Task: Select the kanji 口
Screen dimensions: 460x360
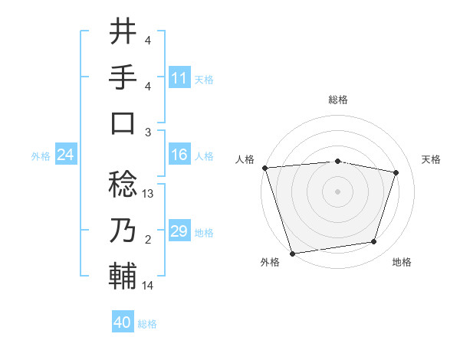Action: pyautogui.click(x=123, y=123)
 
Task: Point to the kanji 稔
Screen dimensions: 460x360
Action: pyautogui.click(x=123, y=185)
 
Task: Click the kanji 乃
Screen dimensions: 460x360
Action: pyautogui.click(x=123, y=230)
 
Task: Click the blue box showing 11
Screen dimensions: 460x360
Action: pyautogui.click(x=179, y=78)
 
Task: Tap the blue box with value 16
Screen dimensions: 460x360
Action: pyautogui.click(x=179, y=155)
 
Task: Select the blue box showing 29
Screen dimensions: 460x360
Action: pyautogui.click(x=179, y=231)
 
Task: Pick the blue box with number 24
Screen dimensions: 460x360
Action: pyautogui.click(x=65, y=155)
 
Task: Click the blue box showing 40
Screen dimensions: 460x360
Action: pyautogui.click(x=123, y=322)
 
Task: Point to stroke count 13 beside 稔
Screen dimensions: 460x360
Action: pyautogui.click(x=149, y=194)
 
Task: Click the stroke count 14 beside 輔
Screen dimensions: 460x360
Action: pyautogui.click(x=148, y=286)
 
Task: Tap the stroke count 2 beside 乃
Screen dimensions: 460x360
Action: pyautogui.click(x=148, y=240)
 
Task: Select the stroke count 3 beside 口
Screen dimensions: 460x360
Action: pyautogui.click(x=148, y=133)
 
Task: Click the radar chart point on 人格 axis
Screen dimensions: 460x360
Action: pyautogui.click(x=264, y=167)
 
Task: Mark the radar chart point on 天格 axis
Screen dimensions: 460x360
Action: pyautogui.click(x=396, y=172)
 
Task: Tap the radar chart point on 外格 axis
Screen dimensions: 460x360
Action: pyautogui.click(x=293, y=253)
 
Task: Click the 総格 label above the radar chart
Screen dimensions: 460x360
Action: pyautogui.click(x=338, y=100)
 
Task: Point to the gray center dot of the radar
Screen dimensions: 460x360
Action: pyautogui.click(x=338, y=191)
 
